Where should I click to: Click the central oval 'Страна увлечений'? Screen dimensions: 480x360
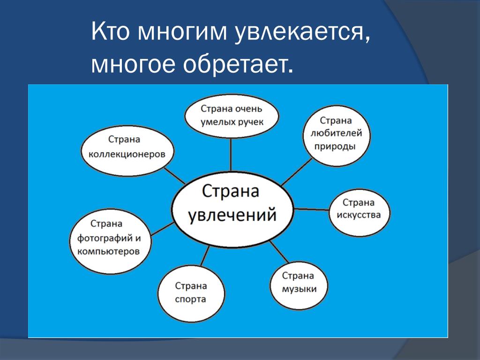(232, 210)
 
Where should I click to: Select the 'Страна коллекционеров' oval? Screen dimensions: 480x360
(127, 151)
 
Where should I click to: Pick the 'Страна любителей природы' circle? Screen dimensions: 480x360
(336, 135)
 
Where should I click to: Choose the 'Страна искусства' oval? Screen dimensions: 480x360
(359, 212)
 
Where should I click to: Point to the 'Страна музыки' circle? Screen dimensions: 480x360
(299, 285)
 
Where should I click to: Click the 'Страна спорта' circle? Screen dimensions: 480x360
(191, 294)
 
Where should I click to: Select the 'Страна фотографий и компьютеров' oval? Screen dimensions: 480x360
(110, 241)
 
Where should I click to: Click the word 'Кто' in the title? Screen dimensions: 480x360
(111, 31)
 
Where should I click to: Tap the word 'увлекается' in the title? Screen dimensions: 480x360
(302, 32)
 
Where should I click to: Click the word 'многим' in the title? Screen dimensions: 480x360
(182, 32)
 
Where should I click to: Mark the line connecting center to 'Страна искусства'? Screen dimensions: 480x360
(312, 210)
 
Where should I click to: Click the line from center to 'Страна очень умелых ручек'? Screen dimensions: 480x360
(231, 155)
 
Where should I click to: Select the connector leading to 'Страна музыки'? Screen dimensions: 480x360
(279, 252)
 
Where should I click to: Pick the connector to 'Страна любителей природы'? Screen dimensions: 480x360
(296, 172)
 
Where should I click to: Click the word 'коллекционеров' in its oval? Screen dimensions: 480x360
(127, 154)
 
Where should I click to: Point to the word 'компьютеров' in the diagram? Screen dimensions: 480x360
(108, 252)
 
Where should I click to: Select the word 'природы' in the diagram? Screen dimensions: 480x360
(335, 146)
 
